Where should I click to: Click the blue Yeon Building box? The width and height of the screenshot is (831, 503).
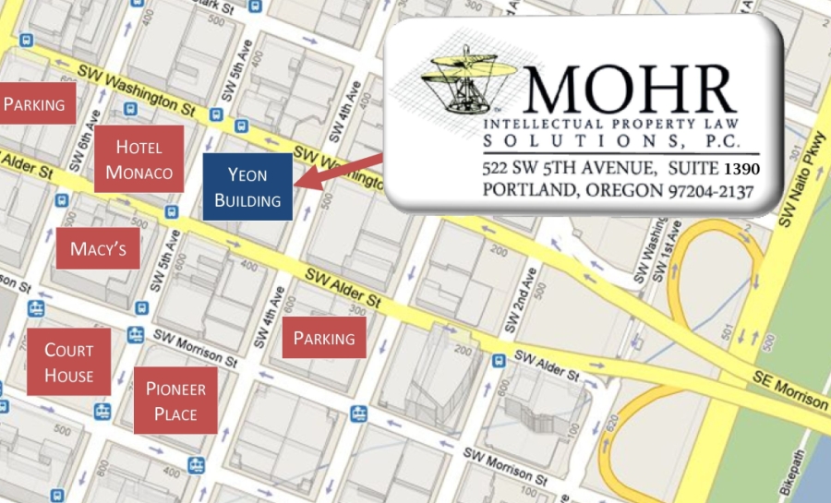coord(247,187)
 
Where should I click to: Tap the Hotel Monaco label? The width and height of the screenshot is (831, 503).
coord(138,159)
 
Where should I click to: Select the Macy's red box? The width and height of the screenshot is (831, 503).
coord(98,248)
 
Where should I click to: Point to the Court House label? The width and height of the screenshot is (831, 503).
coord(69,363)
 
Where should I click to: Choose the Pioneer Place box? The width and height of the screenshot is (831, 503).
coord(175,401)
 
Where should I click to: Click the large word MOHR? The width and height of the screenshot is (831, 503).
coord(628,88)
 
